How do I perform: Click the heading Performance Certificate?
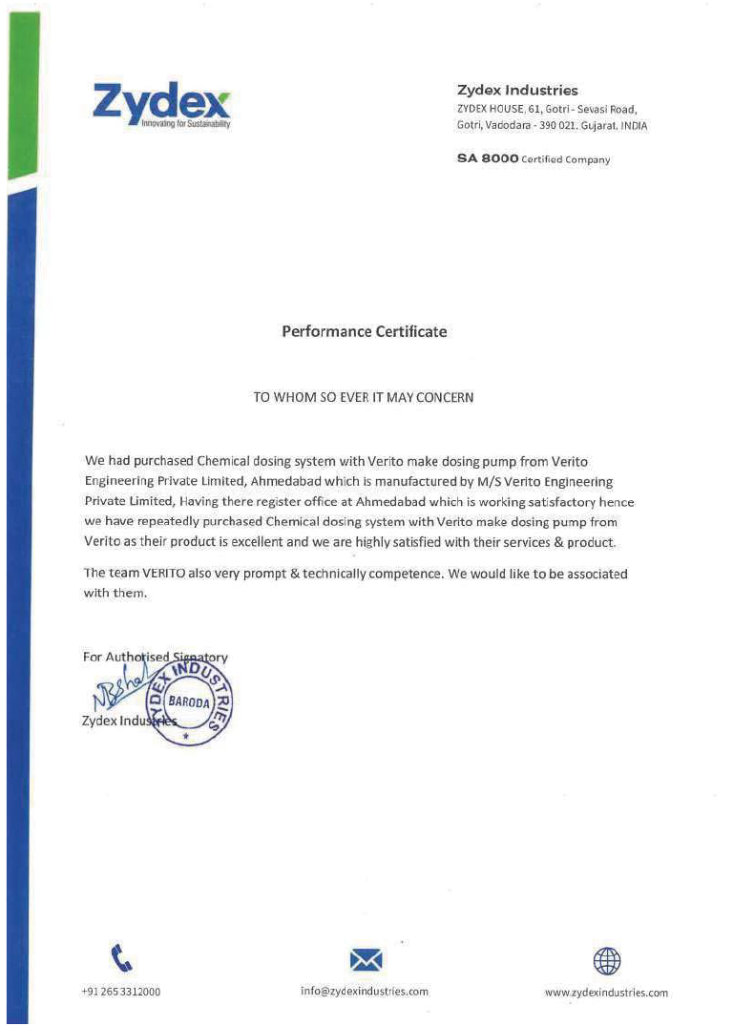click(x=364, y=332)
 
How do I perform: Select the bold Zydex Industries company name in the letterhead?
click(x=517, y=91)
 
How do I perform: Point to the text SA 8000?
click(x=488, y=159)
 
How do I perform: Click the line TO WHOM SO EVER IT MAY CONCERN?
click(x=363, y=397)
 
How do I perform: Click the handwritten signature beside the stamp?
click(x=123, y=687)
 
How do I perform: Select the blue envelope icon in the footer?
click(x=366, y=959)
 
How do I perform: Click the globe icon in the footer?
click(x=607, y=959)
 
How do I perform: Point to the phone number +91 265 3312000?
click(x=121, y=992)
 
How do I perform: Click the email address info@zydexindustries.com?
click(x=365, y=992)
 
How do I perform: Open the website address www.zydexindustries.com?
click(x=606, y=993)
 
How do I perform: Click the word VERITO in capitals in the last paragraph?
click(x=168, y=575)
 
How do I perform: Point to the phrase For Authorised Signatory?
click(x=156, y=658)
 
